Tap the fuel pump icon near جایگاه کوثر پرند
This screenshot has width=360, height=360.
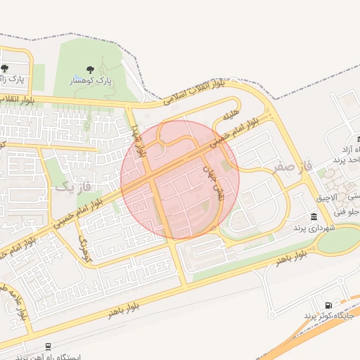tap(328, 304)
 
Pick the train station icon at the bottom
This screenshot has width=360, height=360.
tap(47, 347)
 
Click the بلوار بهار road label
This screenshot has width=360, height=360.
tap(138, 140)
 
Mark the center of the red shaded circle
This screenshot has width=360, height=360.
tap(180, 180)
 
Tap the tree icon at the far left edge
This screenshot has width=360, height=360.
tap(5, 68)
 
